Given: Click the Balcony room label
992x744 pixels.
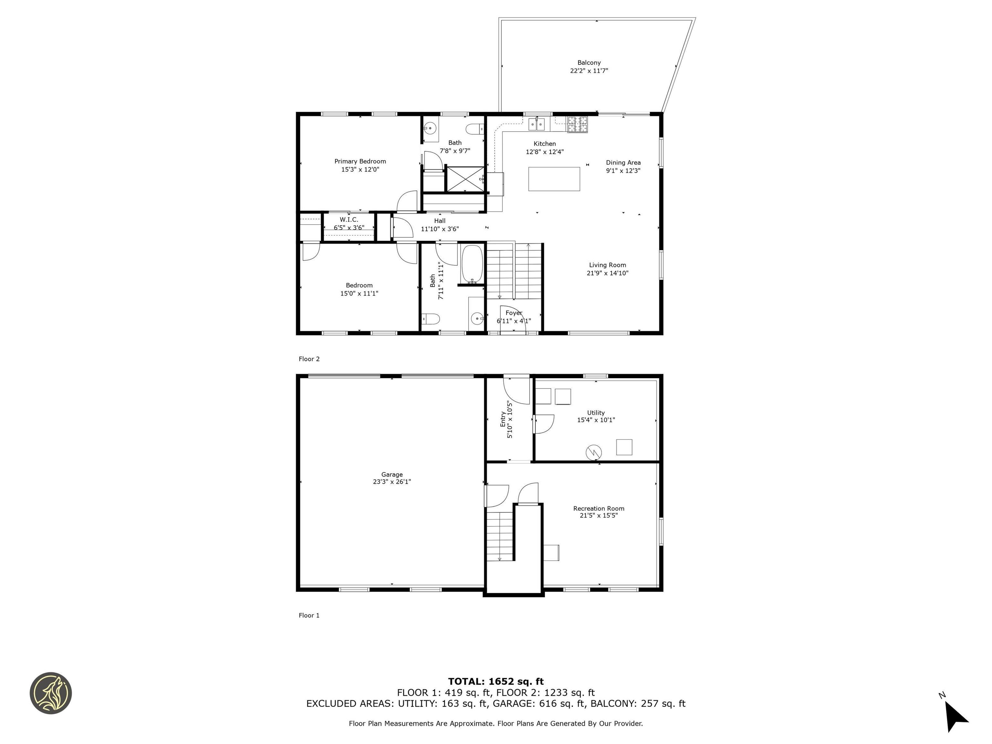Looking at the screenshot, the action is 589,63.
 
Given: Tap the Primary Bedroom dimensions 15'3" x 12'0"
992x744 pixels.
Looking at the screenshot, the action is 360,170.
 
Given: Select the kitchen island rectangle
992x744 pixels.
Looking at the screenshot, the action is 554,179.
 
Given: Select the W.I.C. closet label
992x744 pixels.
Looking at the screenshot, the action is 349,220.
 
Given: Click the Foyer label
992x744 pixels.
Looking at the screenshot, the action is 514,313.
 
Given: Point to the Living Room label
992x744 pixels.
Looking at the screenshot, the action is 607,265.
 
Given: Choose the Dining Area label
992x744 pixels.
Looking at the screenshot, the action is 623,163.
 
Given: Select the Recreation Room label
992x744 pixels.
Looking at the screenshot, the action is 599,509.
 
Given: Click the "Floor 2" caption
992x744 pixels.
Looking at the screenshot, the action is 309,359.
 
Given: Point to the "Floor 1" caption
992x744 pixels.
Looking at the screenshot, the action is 309,615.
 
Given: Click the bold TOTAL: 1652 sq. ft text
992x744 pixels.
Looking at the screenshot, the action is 496,682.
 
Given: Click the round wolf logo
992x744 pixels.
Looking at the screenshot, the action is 51,693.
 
